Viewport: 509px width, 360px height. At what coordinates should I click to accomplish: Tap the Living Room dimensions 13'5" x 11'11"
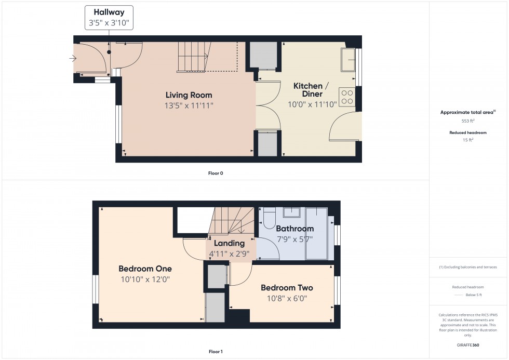click(x=189, y=105)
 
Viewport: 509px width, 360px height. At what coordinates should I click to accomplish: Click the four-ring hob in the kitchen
click(x=346, y=97)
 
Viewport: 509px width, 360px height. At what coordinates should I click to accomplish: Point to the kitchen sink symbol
click(x=347, y=60)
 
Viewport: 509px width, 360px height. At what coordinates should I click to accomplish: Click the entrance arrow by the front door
click(x=72, y=58)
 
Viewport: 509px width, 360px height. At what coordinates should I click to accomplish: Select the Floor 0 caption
click(x=215, y=173)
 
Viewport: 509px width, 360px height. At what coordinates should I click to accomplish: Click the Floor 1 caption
click(x=215, y=352)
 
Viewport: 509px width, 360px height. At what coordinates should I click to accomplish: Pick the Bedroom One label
click(x=145, y=269)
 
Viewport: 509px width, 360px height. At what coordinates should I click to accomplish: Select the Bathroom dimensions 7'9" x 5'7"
click(x=294, y=239)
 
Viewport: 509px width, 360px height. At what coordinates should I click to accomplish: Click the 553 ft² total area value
click(x=468, y=121)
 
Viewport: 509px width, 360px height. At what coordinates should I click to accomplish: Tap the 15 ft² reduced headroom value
click(x=468, y=139)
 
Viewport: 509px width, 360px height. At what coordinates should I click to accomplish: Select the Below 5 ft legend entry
click(x=474, y=295)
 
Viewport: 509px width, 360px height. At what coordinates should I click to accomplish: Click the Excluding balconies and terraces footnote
click(x=468, y=267)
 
